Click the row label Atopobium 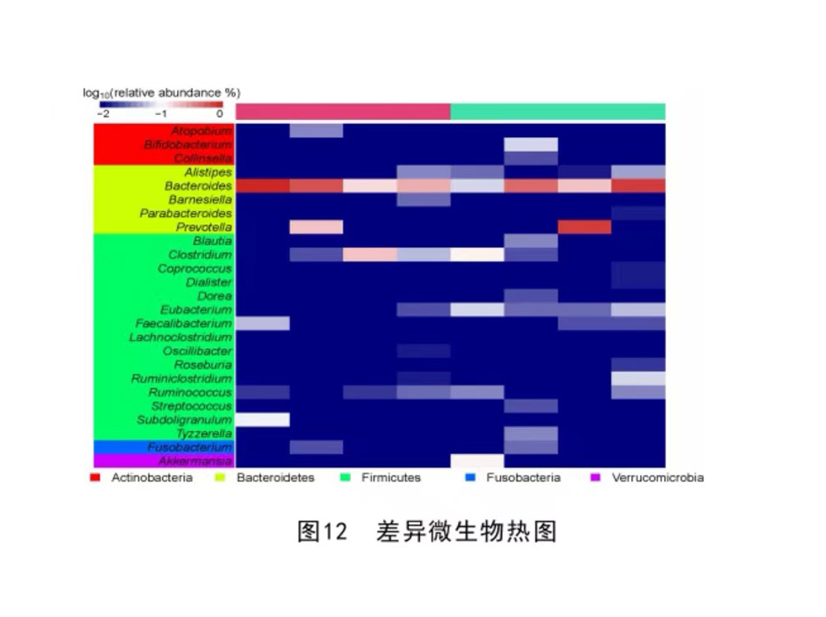202,131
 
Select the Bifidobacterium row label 188,145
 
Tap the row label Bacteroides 198,186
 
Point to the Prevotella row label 203,227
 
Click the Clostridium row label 200,255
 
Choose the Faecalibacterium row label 184,323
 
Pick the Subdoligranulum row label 184,420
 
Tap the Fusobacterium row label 189,447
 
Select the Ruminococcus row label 190,392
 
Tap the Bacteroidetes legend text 275,478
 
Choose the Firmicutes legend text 390,478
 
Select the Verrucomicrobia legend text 657,478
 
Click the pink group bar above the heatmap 342,112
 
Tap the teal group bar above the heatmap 557,112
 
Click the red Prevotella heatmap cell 585,227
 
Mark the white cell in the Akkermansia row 477,461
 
